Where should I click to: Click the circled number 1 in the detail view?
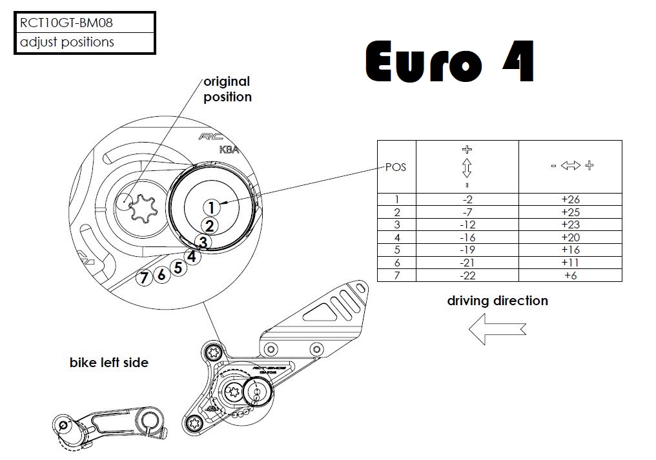point(211,207)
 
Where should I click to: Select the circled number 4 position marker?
point(191,256)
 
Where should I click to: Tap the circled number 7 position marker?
point(144,277)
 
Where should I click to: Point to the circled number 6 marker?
point(161,274)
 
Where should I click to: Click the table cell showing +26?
point(570,199)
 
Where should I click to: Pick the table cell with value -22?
point(467,275)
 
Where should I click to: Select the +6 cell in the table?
point(570,275)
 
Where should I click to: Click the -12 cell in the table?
point(467,225)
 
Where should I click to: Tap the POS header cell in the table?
point(396,166)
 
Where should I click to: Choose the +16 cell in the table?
point(570,250)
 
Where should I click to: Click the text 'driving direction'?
point(497,301)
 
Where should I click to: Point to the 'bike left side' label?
point(108,363)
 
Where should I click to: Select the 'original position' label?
point(227,90)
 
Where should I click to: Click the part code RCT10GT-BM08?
point(67,23)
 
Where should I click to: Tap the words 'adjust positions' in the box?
point(67,42)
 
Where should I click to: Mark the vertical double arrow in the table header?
point(467,168)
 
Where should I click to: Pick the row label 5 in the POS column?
point(396,250)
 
